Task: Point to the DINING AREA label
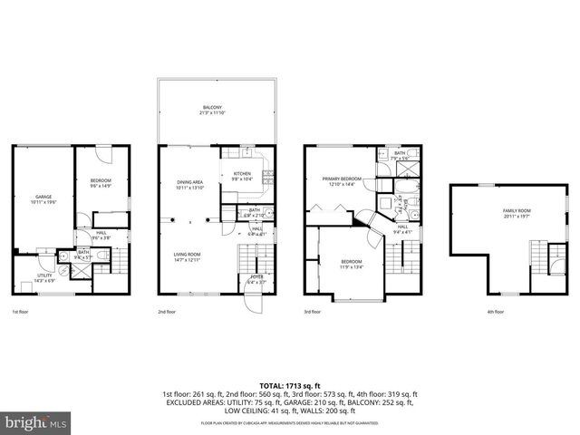190,184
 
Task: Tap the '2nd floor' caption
166,312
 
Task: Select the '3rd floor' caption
312,312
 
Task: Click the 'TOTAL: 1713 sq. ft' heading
290,386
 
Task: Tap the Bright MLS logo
36,421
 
